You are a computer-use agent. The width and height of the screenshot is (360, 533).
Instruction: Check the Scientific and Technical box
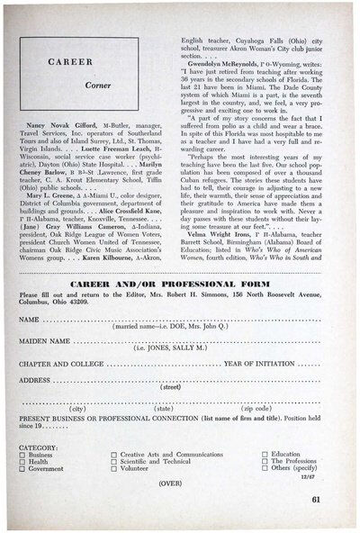113,462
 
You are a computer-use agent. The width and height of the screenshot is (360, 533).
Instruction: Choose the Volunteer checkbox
113,469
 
